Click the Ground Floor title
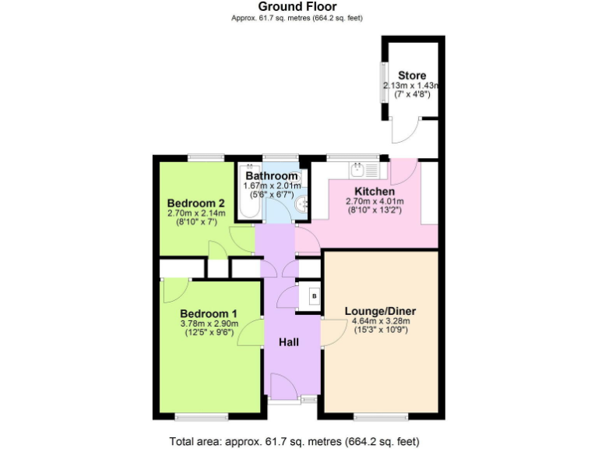(298, 7)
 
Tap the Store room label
(411, 76)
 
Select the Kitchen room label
(375, 191)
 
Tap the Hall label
(288, 341)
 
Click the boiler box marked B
(314, 296)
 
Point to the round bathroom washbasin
(301, 205)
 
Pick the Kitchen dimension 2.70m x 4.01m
(375, 201)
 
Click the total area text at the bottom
(298, 440)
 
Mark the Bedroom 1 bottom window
(201, 415)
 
